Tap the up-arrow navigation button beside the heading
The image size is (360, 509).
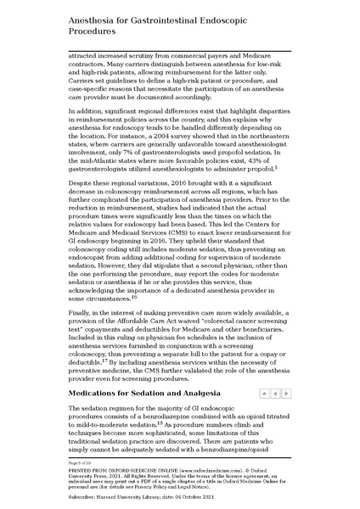pos(264,394)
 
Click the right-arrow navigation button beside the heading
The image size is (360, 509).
pos(285,394)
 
